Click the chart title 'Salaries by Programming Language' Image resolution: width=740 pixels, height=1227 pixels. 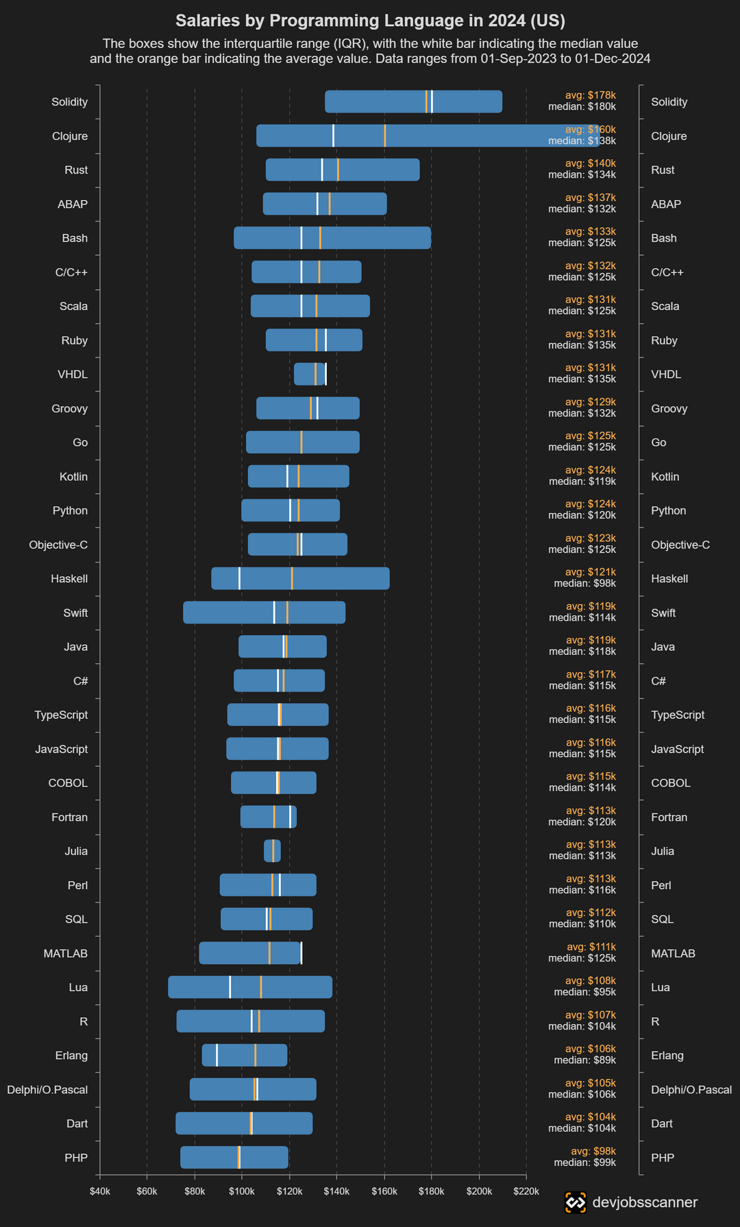pyautogui.click(x=370, y=21)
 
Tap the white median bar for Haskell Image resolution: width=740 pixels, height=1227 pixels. pyautogui.click(x=239, y=578)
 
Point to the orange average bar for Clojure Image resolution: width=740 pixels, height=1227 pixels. pyautogui.click(x=384, y=136)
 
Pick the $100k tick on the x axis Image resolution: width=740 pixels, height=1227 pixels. pyautogui.click(x=242, y=1191)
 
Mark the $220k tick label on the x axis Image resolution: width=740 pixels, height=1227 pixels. pyautogui.click(x=526, y=1191)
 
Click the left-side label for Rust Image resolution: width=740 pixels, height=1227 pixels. pyautogui.click(x=76, y=170)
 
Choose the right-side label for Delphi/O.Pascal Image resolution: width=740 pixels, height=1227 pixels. pyautogui.click(x=691, y=1090)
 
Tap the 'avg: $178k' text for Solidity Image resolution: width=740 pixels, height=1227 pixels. pyautogui.click(x=590, y=95)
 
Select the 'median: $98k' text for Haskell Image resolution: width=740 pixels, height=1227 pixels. pyautogui.click(x=584, y=584)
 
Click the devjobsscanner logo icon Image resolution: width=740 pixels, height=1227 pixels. pyautogui.click(x=576, y=1202)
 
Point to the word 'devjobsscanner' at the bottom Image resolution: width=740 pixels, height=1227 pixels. pyautogui.click(x=645, y=1202)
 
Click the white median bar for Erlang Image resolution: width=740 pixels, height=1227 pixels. pyautogui.click(x=217, y=1055)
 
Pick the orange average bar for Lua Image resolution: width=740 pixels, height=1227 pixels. pyautogui.click(x=261, y=987)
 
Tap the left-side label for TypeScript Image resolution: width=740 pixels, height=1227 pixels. pyautogui.click(x=61, y=715)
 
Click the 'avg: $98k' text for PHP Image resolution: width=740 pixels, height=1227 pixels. pyautogui.click(x=593, y=1152)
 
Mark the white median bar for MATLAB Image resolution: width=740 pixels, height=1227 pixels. pyautogui.click(x=301, y=953)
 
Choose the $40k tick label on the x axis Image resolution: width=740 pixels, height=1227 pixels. pyautogui.click(x=100, y=1191)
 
